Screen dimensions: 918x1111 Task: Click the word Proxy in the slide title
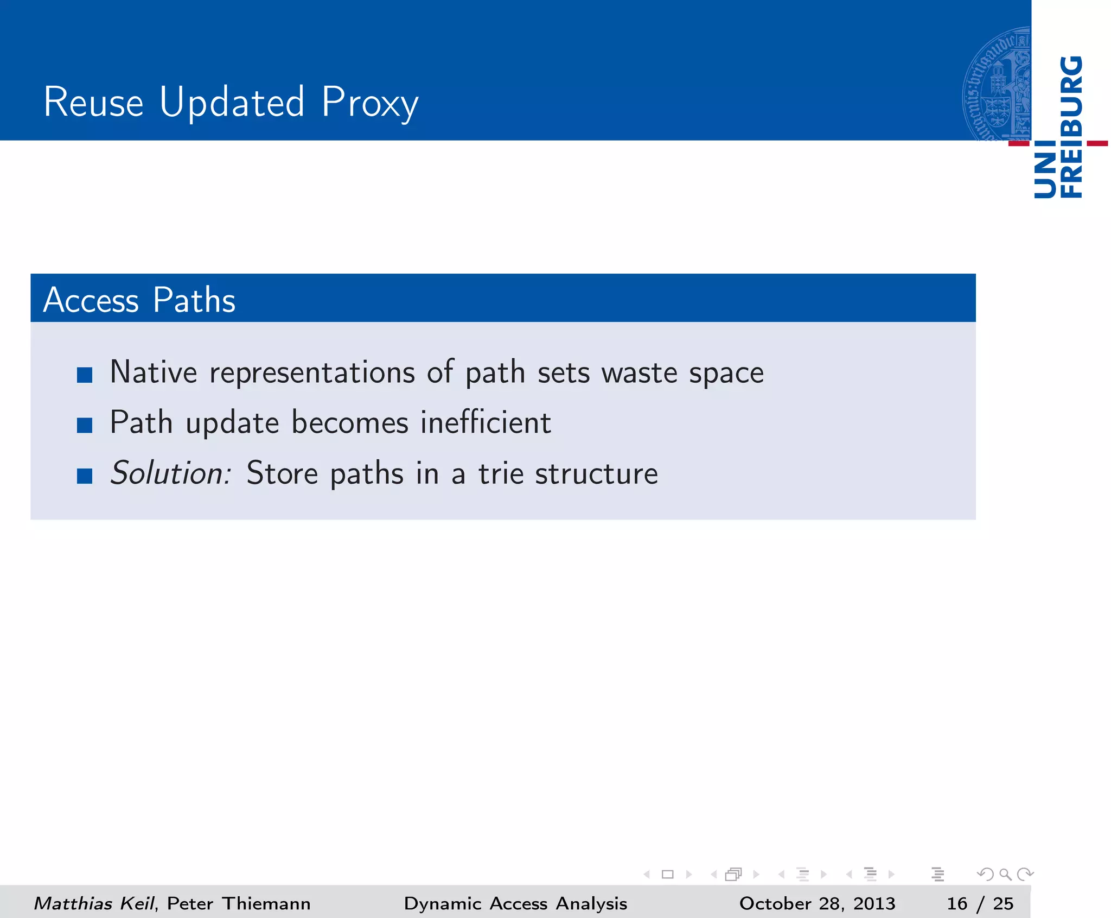369,103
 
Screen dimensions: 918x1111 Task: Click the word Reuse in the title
93,102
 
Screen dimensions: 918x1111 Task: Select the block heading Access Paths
139,300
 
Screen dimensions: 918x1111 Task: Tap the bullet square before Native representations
85,375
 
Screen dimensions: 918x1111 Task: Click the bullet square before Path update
85,425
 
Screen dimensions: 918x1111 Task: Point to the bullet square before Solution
85,476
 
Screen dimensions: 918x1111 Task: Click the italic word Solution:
171,473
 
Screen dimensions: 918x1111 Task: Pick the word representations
312,373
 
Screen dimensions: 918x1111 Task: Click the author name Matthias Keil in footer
94,903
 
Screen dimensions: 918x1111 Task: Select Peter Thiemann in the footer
239,903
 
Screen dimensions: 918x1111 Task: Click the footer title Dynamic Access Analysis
515,903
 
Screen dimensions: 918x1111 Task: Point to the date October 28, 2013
817,903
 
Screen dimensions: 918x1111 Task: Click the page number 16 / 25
980,903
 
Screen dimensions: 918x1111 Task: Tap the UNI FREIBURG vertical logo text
1058,128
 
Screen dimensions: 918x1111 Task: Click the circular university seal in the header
997,84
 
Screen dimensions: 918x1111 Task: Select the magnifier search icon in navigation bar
1005,874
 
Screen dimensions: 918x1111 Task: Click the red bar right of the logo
1097,143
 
